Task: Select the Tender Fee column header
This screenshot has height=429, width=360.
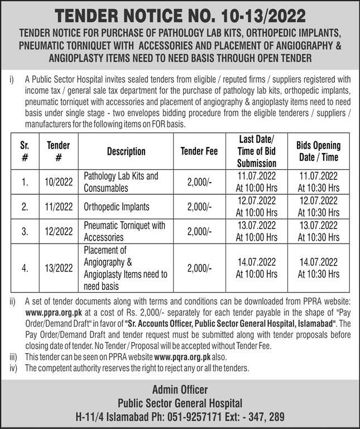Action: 199,151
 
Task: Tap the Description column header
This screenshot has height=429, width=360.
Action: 126,151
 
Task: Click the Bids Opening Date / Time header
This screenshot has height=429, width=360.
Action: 318,151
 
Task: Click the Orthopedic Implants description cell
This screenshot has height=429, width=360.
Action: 117,207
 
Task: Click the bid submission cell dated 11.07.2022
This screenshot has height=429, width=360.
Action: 256,182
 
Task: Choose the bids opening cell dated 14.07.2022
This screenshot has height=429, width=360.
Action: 318,268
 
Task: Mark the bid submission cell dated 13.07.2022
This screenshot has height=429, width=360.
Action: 256,231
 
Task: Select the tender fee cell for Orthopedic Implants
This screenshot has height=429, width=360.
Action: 199,207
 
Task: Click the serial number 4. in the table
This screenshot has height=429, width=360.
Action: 25,268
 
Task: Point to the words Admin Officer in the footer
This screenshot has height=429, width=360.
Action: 179,390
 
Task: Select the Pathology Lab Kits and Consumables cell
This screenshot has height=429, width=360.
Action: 121,182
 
